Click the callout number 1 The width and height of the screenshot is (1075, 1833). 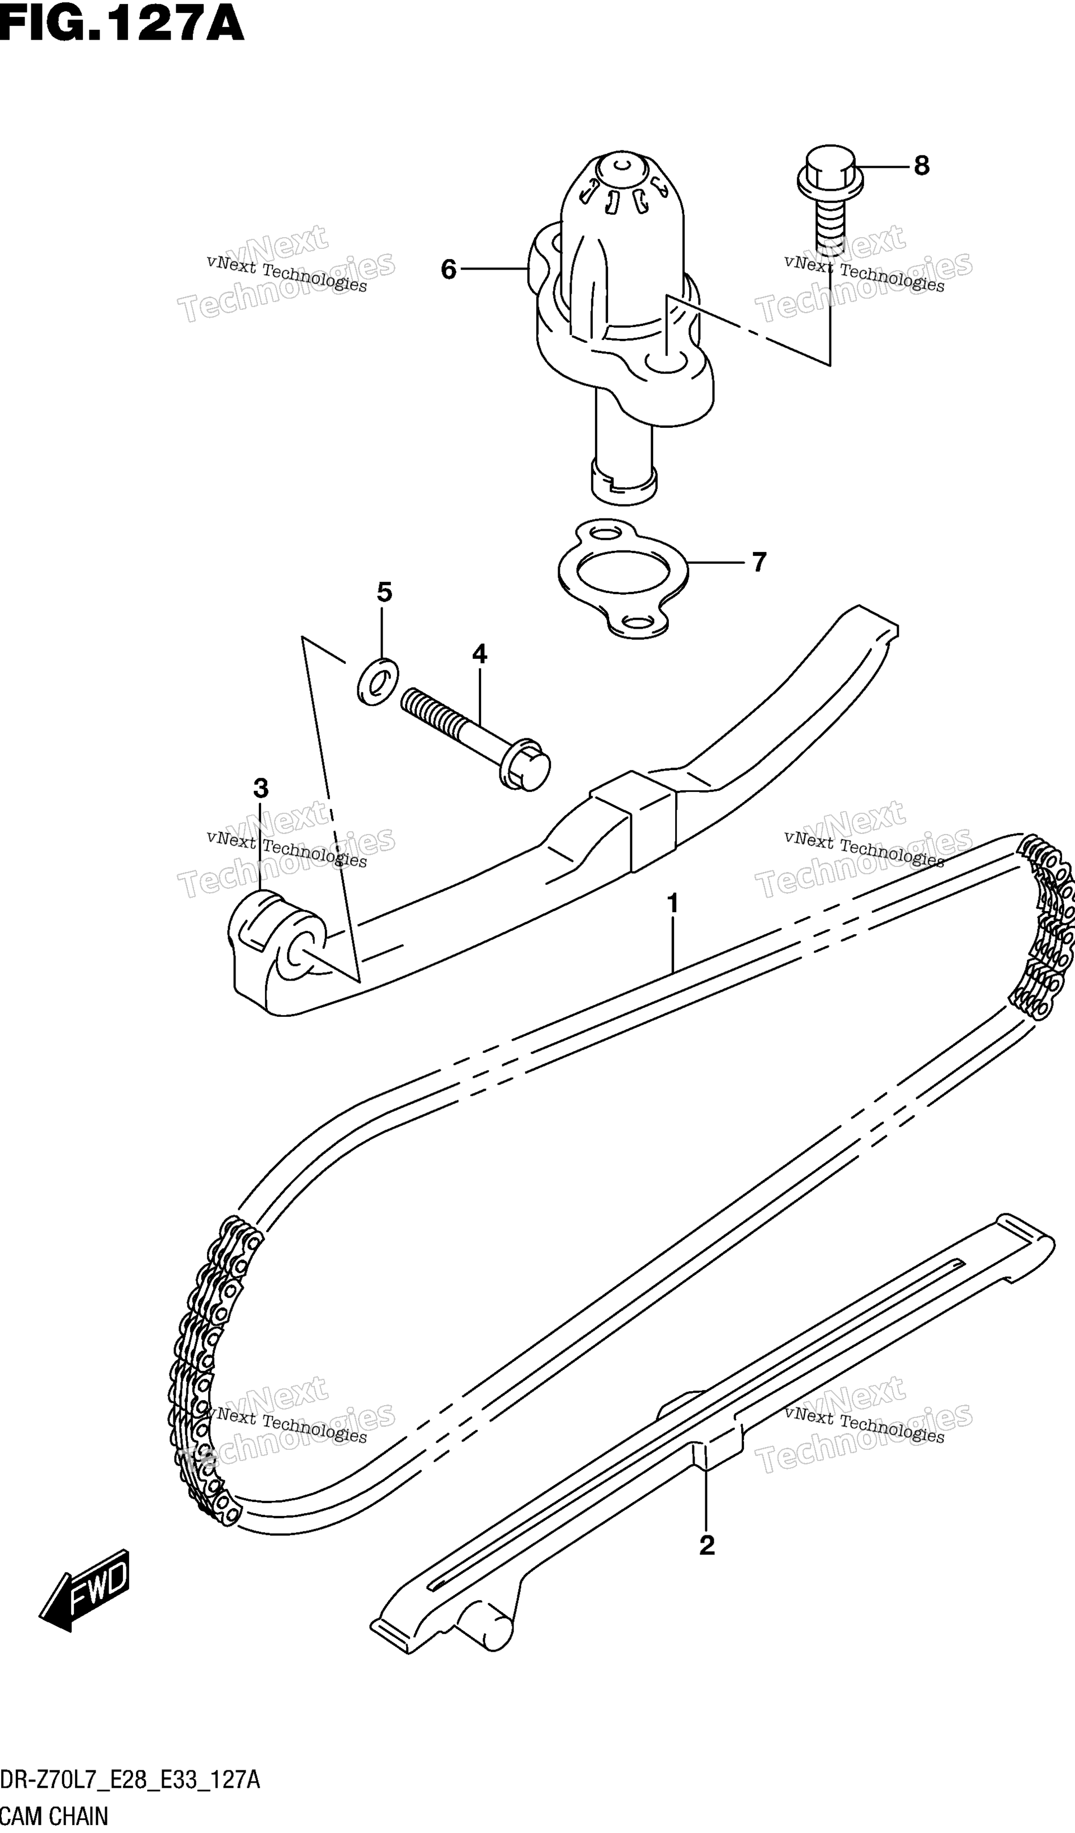pyautogui.click(x=673, y=903)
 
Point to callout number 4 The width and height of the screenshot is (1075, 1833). pyautogui.click(x=479, y=654)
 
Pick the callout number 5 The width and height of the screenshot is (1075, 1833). pyautogui.click(x=384, y=593)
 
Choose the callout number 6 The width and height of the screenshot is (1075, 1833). pyautogui.click(x=449, y=270)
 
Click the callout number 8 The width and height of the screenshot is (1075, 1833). pyautogui.click(x=922, y=167)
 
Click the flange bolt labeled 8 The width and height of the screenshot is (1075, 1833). pyautogui.click(x=830, y=197)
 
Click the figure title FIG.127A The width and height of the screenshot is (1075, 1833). pyautogui.click(x=122, y=23)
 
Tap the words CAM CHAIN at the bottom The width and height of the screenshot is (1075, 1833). pyautogui.click(x=54, y=1816)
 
